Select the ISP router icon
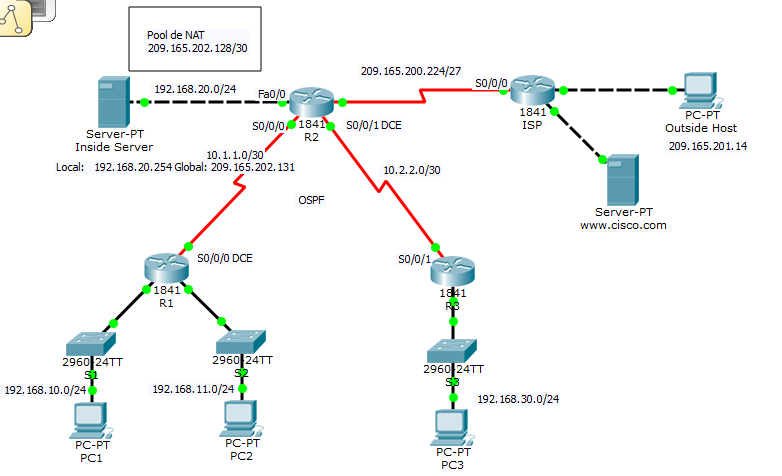tap(531, 92)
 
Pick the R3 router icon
tap(451, 271)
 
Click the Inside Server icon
tap(110, 103)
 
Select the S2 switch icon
tap(241, 338)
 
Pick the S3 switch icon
tap(452, 351)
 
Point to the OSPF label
tap(312, 201)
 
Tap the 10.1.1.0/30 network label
tap(234, 155)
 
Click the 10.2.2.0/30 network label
tap(411, 170)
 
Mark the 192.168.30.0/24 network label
tap(517, 399)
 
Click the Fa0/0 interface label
tap(270, 94)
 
